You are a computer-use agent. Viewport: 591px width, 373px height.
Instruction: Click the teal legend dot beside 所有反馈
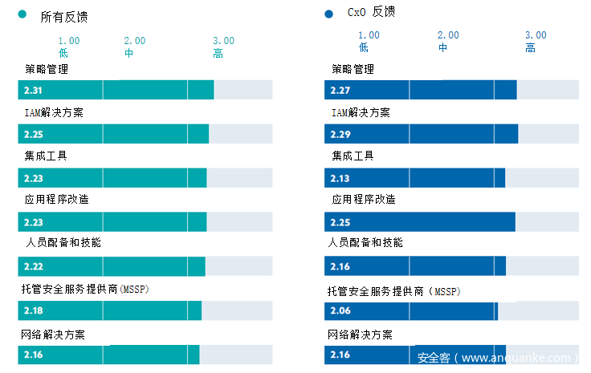click(22, 14)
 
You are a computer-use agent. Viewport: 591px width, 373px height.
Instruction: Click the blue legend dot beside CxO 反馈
click(328, 14)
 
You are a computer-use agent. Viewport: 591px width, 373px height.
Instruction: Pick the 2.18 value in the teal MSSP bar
click(33, 310)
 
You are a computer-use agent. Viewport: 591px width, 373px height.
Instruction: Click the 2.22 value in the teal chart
click(33, 266)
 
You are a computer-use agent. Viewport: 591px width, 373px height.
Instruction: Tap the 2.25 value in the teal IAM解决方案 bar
click(33, 134)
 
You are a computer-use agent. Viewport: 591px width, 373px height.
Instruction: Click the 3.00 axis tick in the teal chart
click(223, 41)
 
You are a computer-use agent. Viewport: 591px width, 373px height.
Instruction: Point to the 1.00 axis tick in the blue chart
click(369, 35)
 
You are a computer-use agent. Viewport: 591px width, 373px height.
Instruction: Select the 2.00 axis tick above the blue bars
click(448, 35)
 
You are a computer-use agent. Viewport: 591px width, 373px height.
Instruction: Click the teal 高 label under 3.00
click(218, 54)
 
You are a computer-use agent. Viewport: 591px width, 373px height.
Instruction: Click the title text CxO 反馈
click(371, 12)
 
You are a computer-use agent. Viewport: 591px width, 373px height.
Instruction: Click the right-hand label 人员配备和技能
click(365, 242)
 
